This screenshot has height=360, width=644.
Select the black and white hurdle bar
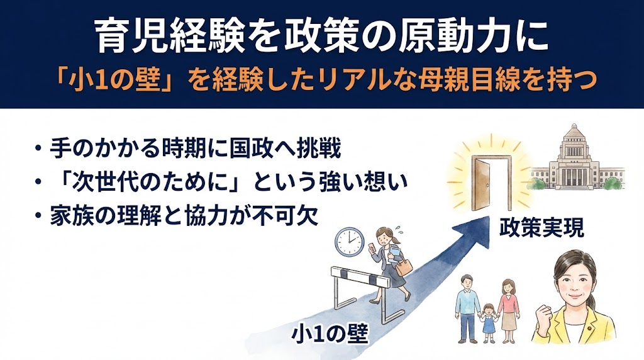[x=358, y=275]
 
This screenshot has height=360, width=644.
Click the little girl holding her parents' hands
[x=488, y=321]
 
